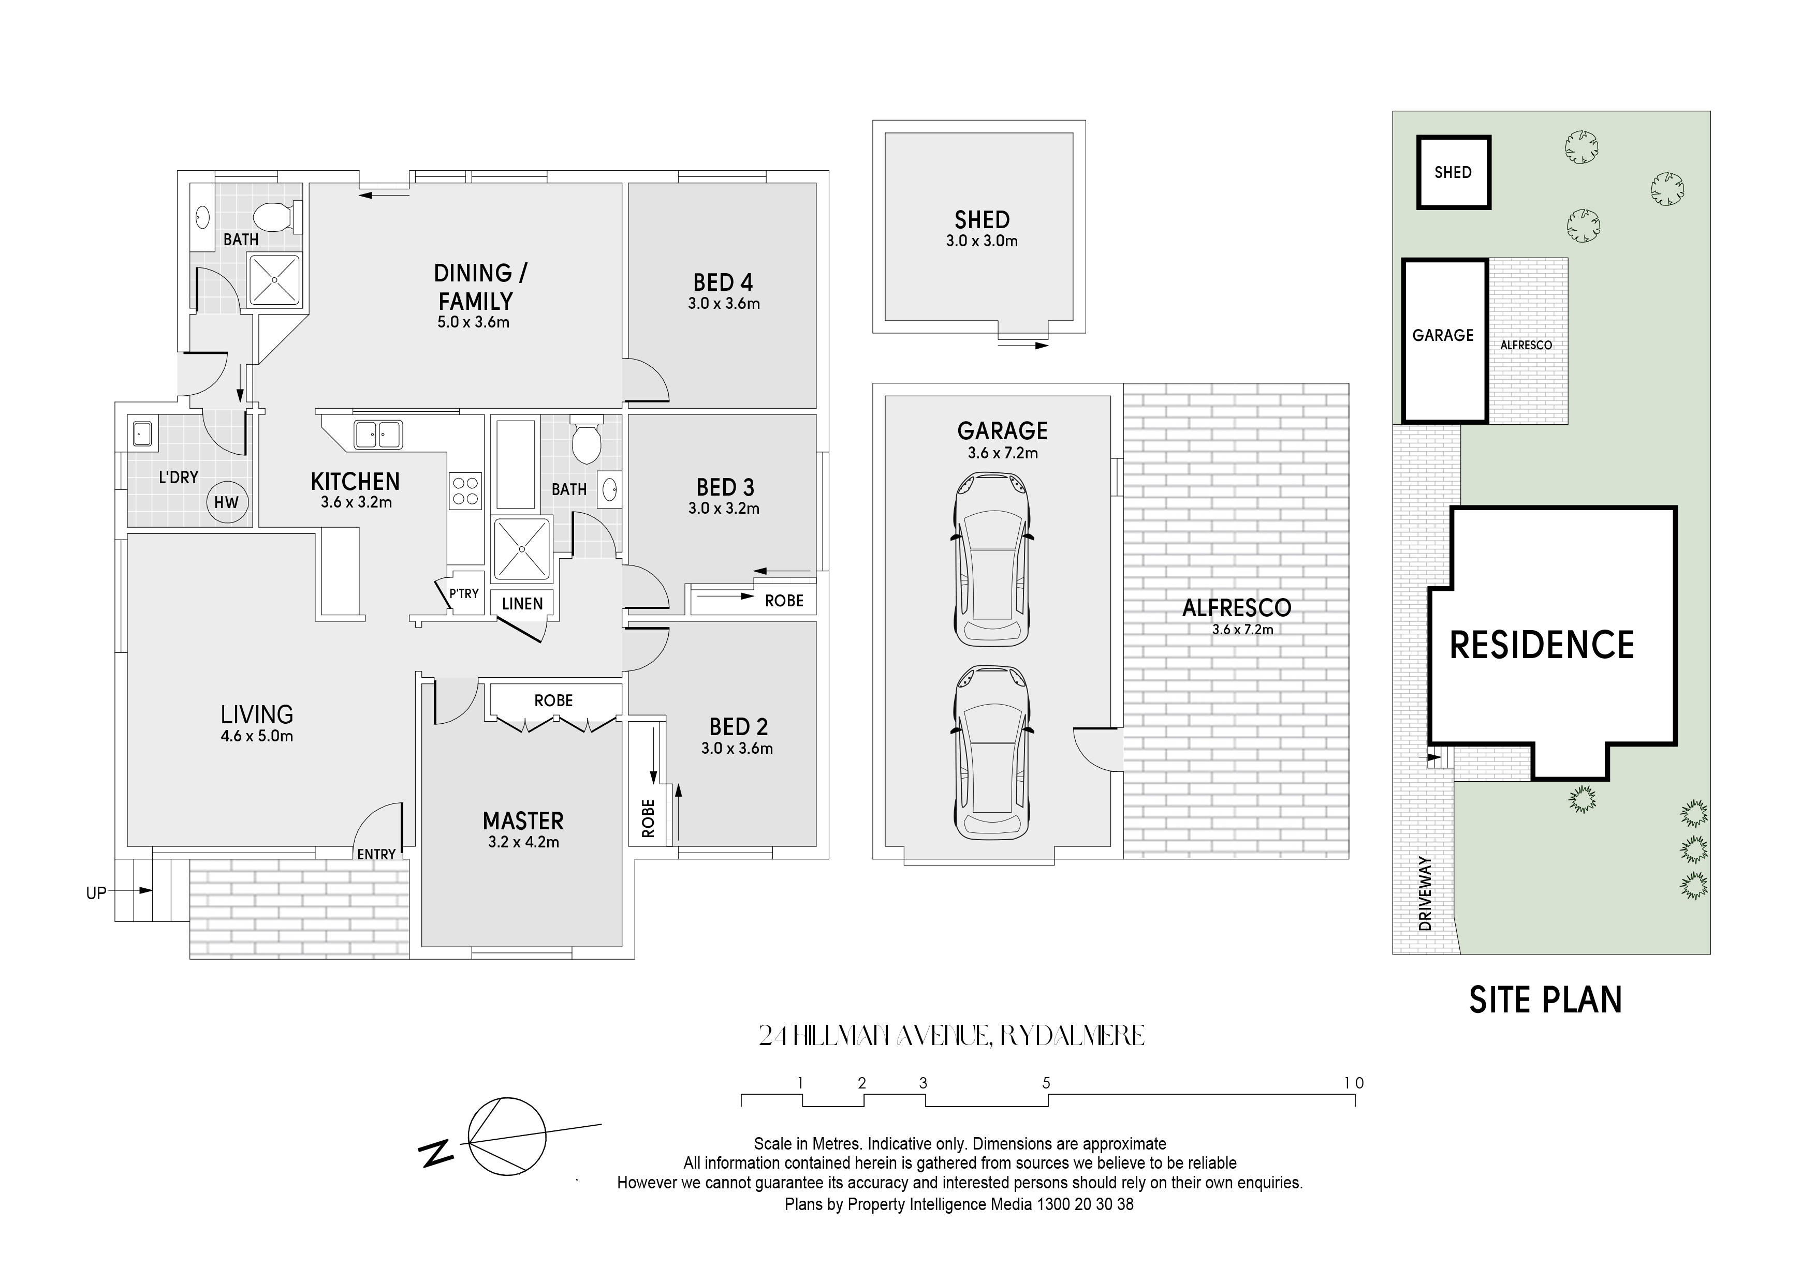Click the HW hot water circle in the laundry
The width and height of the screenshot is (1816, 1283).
[227, 502]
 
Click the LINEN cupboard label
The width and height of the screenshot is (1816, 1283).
[522, 604]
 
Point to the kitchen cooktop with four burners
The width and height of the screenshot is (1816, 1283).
[465, 490]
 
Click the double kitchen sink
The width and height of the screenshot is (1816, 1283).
[378, 435]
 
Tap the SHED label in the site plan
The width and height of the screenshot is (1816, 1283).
[1453, 172]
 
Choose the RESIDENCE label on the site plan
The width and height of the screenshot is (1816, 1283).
[1542, 645]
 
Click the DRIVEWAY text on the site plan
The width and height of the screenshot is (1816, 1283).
[1425, 893]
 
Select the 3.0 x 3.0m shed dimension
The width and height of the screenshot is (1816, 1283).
[982, 241]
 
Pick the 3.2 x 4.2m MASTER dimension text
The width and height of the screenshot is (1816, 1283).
[523, 842]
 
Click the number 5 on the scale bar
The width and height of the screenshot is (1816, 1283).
[1046, 1083]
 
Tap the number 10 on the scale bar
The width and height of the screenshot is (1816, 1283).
[1354, 1083]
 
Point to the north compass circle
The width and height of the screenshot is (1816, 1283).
[507, 1137]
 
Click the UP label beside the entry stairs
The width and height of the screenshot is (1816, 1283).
[96, 893]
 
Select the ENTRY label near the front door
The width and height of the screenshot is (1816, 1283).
[376, 855]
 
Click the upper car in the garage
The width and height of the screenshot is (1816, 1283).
[993, 559]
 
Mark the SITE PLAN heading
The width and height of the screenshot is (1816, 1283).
[1545, 1000]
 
